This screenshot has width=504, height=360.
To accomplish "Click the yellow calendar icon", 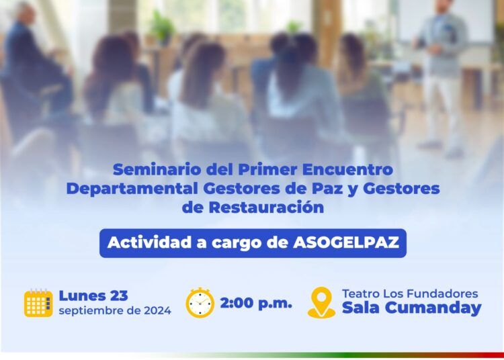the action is point(38,303).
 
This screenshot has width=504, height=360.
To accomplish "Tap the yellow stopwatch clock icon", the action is point(200,302).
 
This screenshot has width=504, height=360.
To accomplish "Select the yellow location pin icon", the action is point(321,302).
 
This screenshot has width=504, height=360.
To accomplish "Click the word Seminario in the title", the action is point(157,169).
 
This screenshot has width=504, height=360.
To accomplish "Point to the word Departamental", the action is point(132,189).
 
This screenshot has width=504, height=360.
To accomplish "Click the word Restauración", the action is point(267,207).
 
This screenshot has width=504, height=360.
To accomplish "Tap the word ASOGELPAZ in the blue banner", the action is point(346,242).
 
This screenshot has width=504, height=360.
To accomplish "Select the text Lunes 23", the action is point(93,296).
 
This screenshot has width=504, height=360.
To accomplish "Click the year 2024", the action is point(157,311).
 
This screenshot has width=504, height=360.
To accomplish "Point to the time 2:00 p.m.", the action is point(256,303).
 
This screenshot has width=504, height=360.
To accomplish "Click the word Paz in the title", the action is point(327,189).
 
